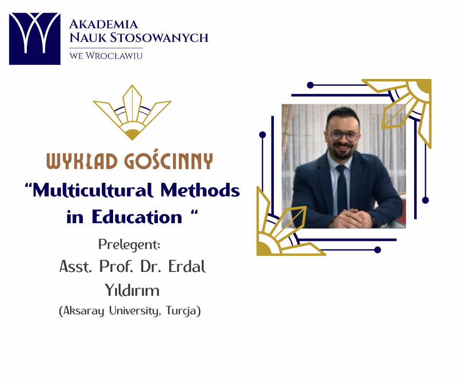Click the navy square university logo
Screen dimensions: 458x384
pos(35,38)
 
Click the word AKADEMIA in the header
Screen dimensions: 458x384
pos(103,24)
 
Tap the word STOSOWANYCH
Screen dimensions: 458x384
pos(159,38)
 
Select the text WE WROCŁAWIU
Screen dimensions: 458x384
pos(106,56)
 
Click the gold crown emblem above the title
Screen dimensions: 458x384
pos(132,113)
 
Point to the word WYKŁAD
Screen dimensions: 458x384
pos(82,161)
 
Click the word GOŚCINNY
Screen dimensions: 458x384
pos(169,159)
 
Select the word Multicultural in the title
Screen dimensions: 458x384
pos(93,190)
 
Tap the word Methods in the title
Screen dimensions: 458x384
pos(200,190)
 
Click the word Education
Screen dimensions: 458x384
pos(137,217)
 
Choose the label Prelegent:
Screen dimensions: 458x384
pos(129,245)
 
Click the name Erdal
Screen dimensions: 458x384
pos(187,266)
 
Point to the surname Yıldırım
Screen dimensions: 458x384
pos(132,290)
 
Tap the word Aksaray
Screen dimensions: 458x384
pos(83,310)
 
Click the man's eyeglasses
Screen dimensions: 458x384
pos(343,136)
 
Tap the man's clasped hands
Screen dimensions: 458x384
pos(350,218)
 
